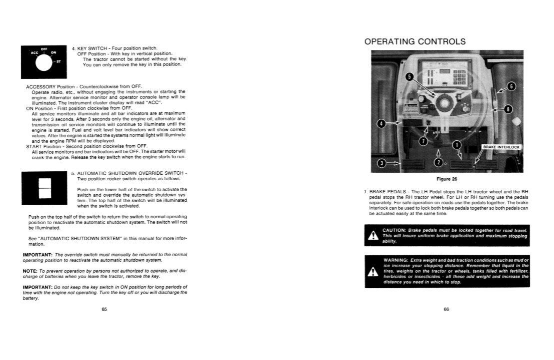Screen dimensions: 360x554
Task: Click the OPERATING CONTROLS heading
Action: point(415,41)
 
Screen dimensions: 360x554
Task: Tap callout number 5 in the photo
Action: point(409,77)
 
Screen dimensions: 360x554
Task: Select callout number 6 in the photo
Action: point(511,87)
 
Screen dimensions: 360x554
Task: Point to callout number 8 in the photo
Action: point(508,109)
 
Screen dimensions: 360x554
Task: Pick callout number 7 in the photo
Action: point(423,141)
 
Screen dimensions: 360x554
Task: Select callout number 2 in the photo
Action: point(438,163)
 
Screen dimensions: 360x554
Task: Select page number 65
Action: point(104,309)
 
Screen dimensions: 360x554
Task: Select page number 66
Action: point(447,309)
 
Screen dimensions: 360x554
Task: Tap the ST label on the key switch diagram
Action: point(58,61)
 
